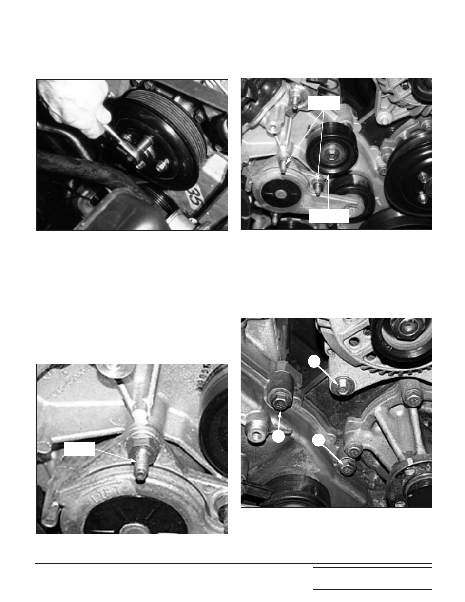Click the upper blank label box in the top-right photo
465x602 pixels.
323,102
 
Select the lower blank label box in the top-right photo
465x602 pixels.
329,215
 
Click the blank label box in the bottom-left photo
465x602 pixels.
79,449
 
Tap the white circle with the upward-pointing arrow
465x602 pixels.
278,437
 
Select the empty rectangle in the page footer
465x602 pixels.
372,579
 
